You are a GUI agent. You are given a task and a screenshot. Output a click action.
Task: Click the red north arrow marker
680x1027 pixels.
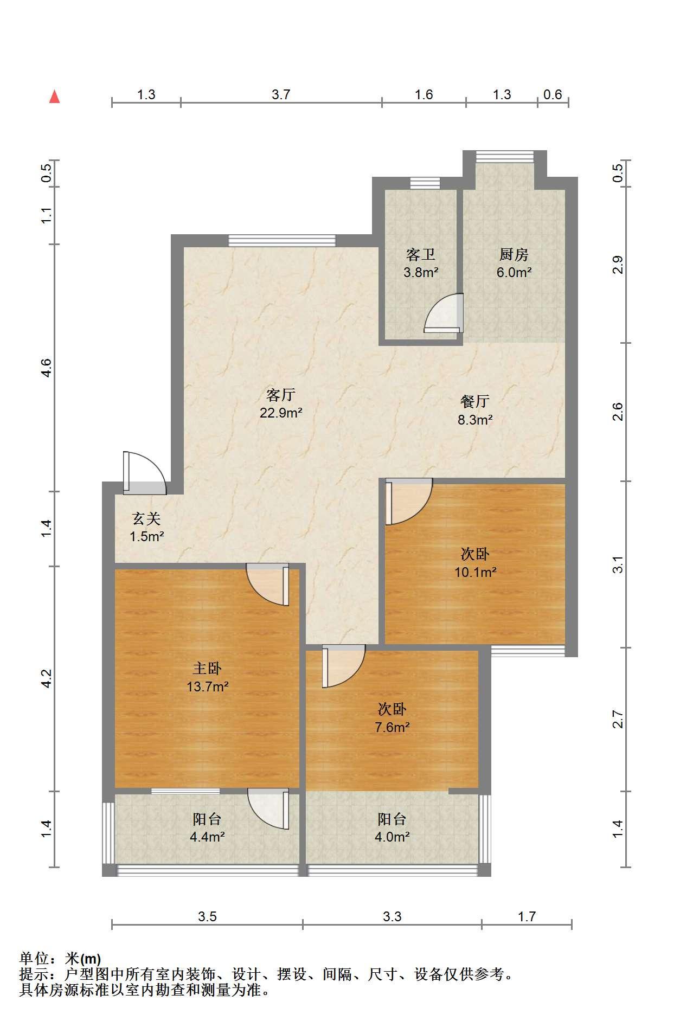[x=54, y=97]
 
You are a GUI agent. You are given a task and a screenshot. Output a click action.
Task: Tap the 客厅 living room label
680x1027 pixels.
[x=280, y=394]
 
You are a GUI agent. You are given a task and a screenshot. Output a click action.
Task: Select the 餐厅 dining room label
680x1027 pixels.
[x=475, y=401]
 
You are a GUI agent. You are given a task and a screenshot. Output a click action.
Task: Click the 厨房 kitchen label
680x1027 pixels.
[x=514, y=254]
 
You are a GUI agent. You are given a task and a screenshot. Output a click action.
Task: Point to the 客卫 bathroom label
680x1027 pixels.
[x=421, y=254]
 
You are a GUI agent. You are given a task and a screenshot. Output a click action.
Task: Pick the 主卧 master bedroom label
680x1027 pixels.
[x=207, y=668]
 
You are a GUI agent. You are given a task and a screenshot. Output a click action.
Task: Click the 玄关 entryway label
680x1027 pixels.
[x=147, y=518]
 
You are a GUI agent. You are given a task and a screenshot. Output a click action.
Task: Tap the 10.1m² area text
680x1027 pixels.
[x=476, y=572]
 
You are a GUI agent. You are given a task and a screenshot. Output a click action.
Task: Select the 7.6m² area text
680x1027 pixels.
[x=392, y=727]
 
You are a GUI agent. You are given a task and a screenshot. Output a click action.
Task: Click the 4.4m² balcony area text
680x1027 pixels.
[x=207, y=837]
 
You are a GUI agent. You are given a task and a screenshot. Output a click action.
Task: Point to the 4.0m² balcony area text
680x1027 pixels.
[x=392, y=837]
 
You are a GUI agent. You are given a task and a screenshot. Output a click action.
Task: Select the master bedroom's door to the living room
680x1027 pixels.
[x=268, y=585]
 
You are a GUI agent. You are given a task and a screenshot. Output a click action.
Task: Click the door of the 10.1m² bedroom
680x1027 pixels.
[x=408, y=502]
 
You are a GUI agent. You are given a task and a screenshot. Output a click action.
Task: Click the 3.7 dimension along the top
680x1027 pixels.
[x=281, y=94]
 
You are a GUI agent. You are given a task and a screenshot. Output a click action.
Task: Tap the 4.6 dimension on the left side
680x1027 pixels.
[x=47, y=368]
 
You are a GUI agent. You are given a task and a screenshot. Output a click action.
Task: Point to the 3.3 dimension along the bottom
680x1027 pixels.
[x=392, y=916]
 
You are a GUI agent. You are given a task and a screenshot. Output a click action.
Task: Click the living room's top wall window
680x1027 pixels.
[x=282, y=240]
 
